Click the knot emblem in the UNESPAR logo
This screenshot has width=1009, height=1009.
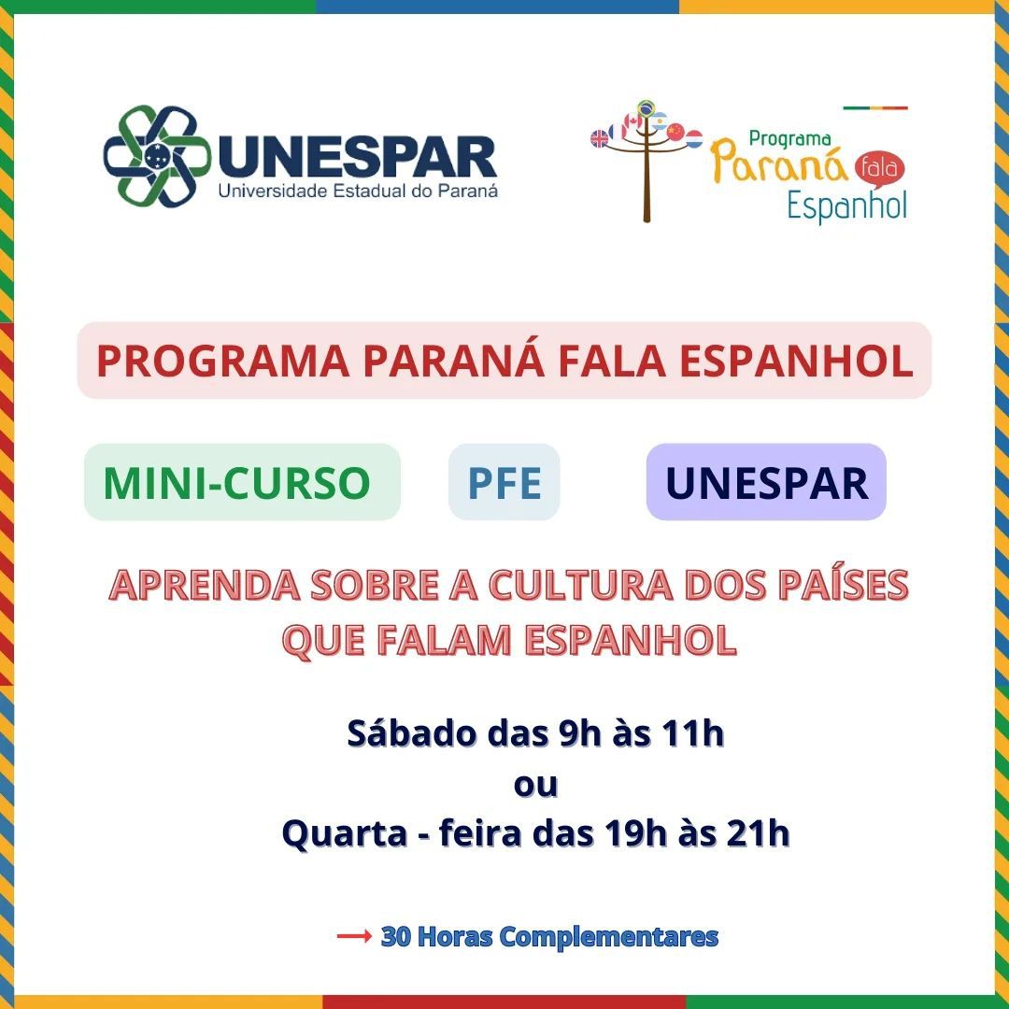pos(156,156)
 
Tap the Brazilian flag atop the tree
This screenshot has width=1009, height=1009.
pos(647,107)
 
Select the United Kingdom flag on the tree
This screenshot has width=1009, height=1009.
pos(599,138)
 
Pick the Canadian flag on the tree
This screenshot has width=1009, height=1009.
pos(633,121)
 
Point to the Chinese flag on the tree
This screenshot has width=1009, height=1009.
pos(675,132)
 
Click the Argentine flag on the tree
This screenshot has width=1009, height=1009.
pos(659,121)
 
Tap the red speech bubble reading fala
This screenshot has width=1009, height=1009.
pos(880,168)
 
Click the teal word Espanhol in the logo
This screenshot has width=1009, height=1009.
pos(846,206)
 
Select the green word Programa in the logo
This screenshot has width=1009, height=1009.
pos(789,139)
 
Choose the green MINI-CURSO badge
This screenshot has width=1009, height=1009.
pos(243,482)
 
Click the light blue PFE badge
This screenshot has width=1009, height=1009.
pos(504,482)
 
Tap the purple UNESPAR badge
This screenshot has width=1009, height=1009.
pos(766,482)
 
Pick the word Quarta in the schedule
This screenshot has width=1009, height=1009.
pos(345,834)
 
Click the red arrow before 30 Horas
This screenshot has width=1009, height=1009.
pos(355,935)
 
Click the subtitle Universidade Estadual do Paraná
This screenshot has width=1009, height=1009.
pos(358,192)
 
